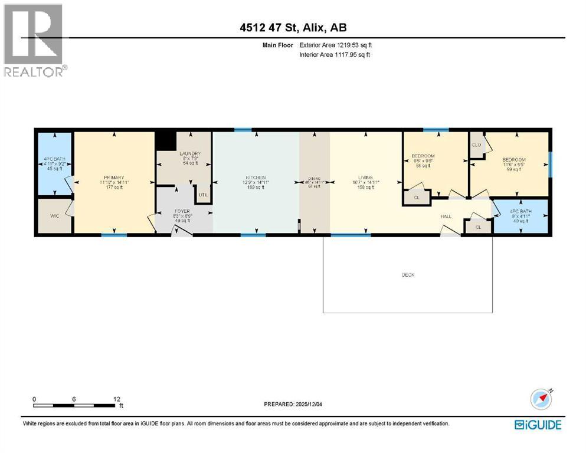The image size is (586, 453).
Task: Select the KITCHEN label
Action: click(256, 178)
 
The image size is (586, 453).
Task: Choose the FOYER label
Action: click(181, 211)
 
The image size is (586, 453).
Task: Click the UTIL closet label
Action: click(204, 194)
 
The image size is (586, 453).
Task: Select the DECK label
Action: click(408, 275)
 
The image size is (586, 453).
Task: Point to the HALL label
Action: click(446, 216)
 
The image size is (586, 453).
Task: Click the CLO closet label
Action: click(476, 144)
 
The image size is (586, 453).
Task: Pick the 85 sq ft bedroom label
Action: click(423, 156)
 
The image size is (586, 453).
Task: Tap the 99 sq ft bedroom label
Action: click(513, 160)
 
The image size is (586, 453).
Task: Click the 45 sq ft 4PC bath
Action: click(53, 163)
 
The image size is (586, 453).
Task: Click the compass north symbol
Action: click(541, 399)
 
